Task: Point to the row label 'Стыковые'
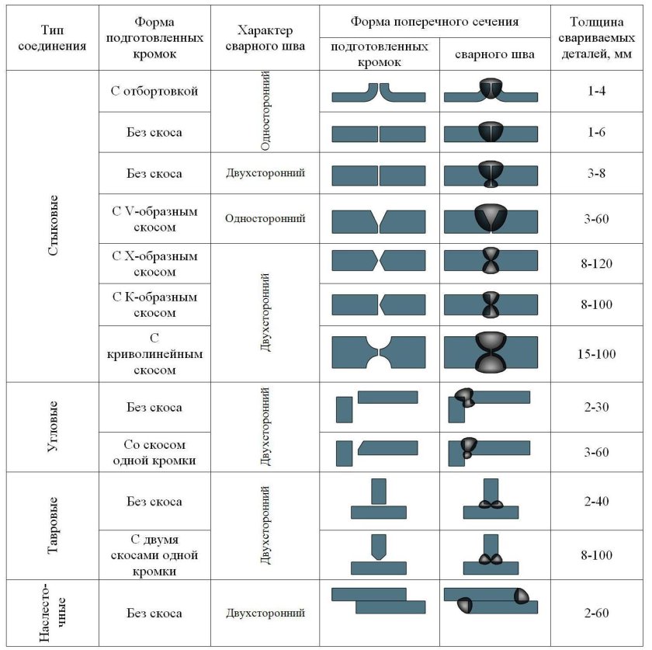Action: tap(51, 225)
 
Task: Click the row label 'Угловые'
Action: tap(51, 426)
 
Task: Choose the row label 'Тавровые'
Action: tap(51, 525)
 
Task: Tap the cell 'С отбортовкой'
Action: tap(154, 92)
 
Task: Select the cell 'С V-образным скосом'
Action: tap(154, 219)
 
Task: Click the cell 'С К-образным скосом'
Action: tap(154, 304)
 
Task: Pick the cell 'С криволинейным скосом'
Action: tap(154, 354)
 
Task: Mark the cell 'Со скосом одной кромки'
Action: tap(154, 452)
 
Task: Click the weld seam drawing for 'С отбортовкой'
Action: tap(491, 91)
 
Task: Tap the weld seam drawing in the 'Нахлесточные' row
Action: tap(491, 600)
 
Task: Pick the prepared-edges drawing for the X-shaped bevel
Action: tap(379, 260)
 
